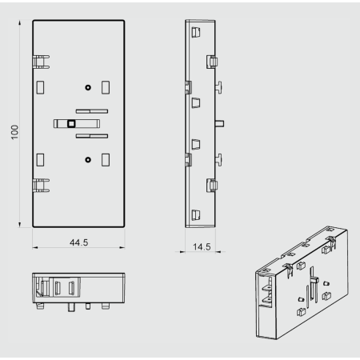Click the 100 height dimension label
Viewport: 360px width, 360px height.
point(14,132)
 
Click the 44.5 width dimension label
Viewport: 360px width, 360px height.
point(78,242)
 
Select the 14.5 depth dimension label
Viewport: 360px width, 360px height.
point(202,246)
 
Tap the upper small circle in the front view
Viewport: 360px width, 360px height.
point(88,87)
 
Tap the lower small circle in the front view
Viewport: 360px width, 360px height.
point(88,160)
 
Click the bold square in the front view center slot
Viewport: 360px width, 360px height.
point(71,124)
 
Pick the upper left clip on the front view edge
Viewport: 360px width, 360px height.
point(41,62)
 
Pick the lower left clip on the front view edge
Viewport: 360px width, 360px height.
point(41,186)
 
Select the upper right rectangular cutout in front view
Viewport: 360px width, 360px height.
point(106,87)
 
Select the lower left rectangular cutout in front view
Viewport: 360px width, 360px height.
point(40,160)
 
